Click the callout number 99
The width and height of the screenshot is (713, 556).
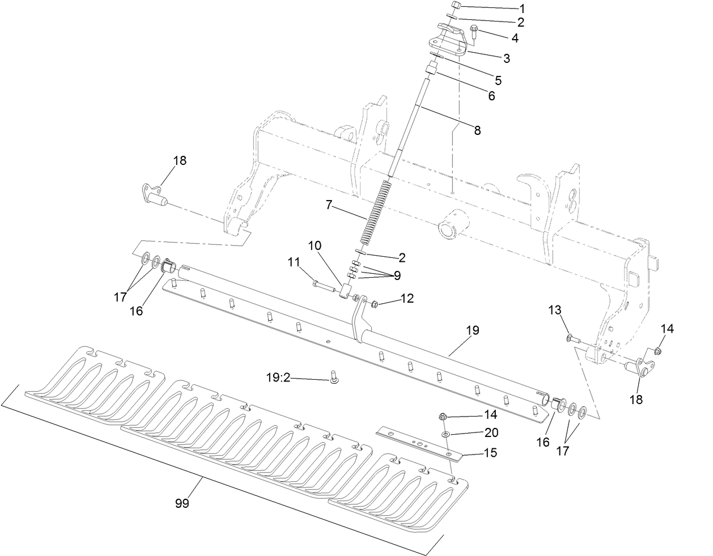(181, 503)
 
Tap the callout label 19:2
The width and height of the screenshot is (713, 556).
(278, 377)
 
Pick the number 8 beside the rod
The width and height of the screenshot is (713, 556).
(477, 130)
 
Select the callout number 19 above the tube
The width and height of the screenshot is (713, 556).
(472, 330)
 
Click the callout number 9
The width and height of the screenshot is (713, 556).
(397, 275)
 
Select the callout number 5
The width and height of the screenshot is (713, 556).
(498, 80)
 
